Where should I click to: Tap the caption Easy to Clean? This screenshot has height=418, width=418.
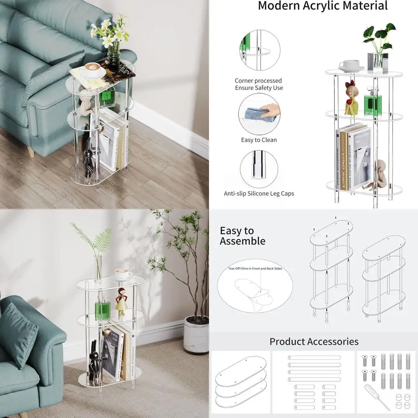click(x=259, y=140)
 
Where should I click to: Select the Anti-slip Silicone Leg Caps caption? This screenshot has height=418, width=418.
click(x=259, y=194)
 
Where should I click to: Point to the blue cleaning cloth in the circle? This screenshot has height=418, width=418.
click(x=256, y=114)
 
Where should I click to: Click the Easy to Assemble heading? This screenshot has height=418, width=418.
click(x=242, y=236)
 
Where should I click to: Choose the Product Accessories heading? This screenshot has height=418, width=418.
click(x=313, y=342)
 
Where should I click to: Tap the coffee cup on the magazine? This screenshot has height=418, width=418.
click(x=92, y=69)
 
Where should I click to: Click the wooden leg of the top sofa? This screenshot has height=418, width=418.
click(x=31, y=151)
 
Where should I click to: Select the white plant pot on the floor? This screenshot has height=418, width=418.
click(x=196, y=334)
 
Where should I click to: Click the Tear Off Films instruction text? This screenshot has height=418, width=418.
click(x=255, y=268)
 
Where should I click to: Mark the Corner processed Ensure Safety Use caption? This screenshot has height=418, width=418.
click(x=259, y=84)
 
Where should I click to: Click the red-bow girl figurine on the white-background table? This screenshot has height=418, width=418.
click(x=351, y=98)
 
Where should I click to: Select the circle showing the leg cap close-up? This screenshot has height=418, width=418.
click(x=259, y=169)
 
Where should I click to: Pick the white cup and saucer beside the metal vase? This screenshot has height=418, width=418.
click(x=351, y=66)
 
